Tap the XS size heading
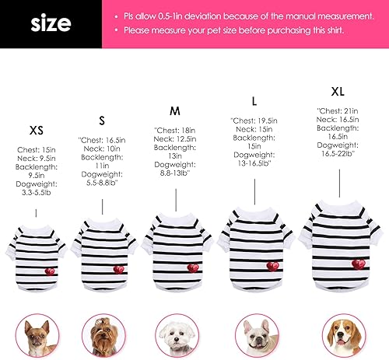36,130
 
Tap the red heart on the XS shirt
50,271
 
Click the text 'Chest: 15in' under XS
36,147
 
